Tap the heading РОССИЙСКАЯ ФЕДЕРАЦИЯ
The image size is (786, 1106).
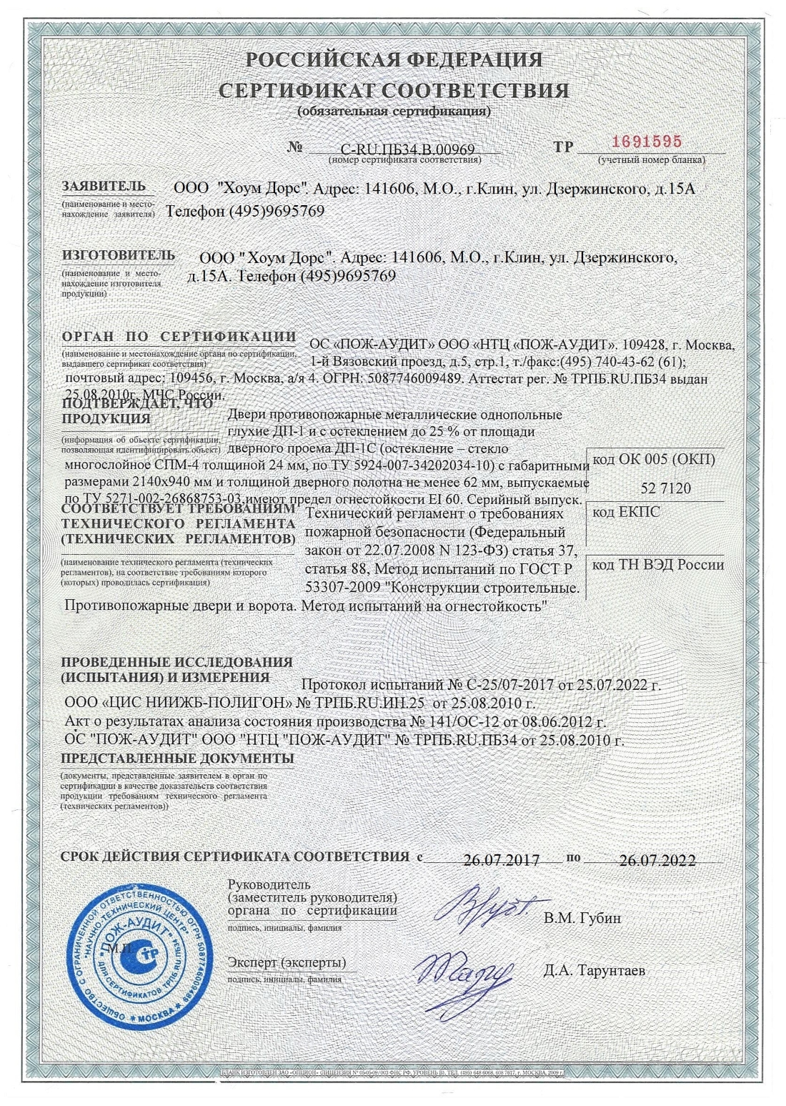[x=394, y=60]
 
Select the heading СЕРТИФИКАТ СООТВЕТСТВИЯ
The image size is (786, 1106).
[x=394, y=92]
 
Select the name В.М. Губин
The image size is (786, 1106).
[x=582, y=918]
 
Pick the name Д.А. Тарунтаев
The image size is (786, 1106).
[x=594, y=971]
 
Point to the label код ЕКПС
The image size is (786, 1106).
[x=627, y=513]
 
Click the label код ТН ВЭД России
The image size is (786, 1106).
[x=659, y=565]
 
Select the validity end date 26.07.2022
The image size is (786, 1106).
[x=657, y=861]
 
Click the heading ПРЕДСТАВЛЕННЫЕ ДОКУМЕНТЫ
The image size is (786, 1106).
[x=177, y=758]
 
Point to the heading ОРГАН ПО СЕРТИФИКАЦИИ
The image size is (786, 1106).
[x=179, y=337]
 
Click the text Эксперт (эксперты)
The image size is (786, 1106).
[x=286, y=962]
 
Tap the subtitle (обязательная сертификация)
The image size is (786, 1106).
[x=394, y=112]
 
